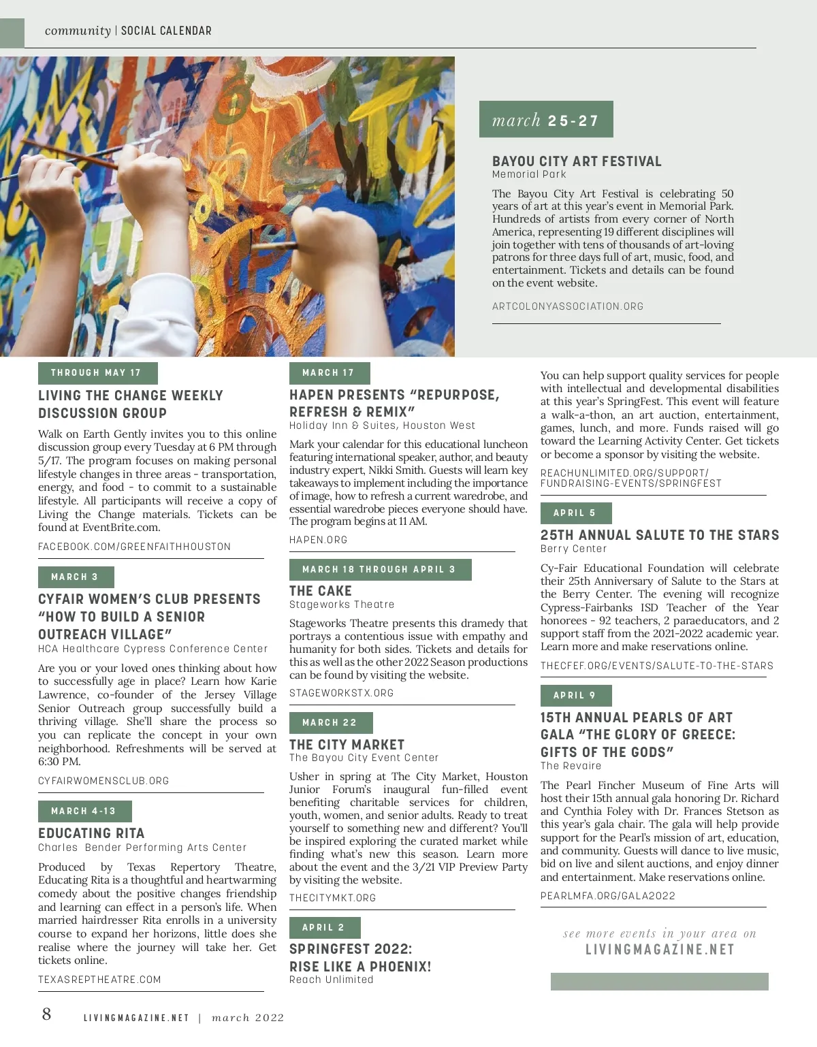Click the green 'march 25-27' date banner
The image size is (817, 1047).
[x=545, y=120]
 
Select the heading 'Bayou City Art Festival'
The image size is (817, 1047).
[x=577, y=161]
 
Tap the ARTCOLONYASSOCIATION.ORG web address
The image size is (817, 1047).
[x=567, y=306]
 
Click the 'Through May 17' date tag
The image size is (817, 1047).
[x=97, y=373]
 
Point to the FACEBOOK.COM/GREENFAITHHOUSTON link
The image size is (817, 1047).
[x=134, y=547]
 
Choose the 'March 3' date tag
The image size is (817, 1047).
[x=76, y=577]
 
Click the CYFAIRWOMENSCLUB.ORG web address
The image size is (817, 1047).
[x=103, y=781]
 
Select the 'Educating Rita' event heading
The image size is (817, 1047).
[x=91, y=833]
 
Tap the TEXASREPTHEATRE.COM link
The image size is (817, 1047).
[x=99, y=980]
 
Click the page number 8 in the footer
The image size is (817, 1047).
[x=46, y=1014]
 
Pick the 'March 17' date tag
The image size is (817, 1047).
[x=329, y=373]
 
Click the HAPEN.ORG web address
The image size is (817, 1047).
[x=318, y=540]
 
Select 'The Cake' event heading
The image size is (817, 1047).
[x=321, y=591]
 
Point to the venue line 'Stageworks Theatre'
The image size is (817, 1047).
[x=342, y=605]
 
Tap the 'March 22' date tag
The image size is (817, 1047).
[x=330, y=722]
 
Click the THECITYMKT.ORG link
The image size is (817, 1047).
[x=332, y=898]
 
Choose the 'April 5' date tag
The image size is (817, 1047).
[x=575, y=513]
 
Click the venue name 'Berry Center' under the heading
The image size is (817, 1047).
[x=573, y=549]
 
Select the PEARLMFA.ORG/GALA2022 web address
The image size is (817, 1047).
[x=607, y=896]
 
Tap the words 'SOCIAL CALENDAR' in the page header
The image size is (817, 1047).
[x=166, y=31]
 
